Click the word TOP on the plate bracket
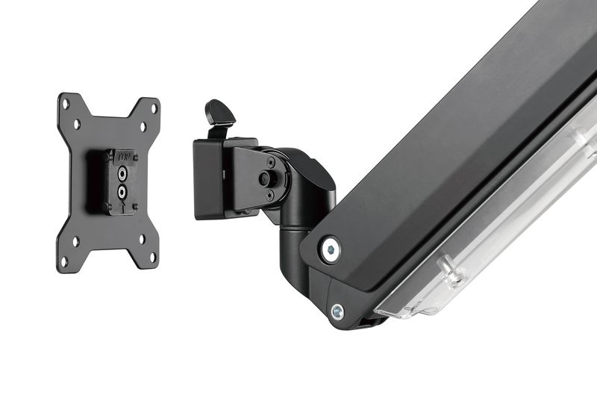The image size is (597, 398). [122, 158]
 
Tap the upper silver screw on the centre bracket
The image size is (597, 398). [122, 172]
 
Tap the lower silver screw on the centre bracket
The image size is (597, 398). [122, 190]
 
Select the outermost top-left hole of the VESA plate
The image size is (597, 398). [65, 105]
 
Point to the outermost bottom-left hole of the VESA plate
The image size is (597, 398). [64, 261]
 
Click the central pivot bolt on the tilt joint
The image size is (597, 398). [264, 178]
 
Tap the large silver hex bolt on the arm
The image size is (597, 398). [329, 249]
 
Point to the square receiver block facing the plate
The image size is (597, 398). [210, 179]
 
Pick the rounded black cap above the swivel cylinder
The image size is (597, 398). [313, 175]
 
